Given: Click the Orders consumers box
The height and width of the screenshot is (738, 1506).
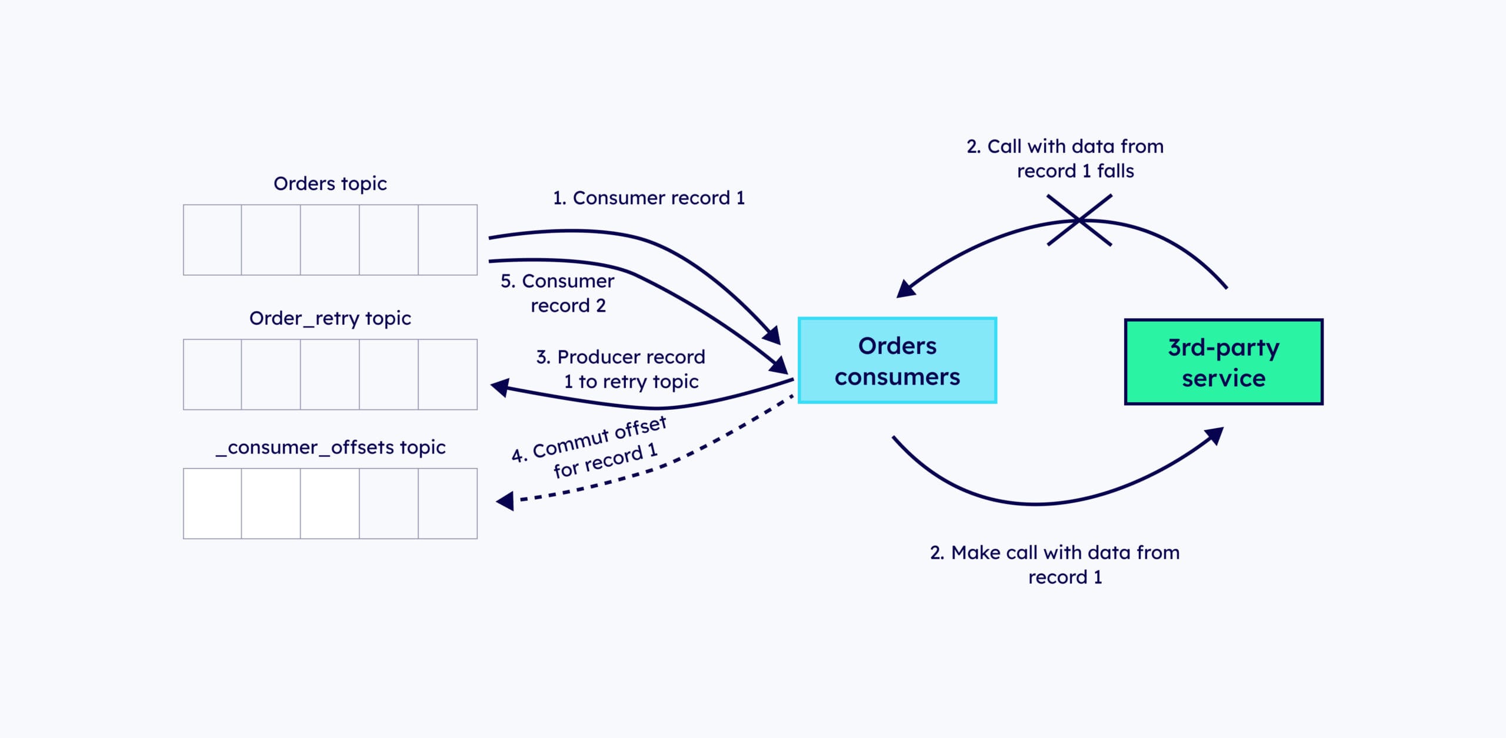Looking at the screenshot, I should (x=897, y=360).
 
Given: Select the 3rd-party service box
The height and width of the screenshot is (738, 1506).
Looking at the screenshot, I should (x=1224, y=362).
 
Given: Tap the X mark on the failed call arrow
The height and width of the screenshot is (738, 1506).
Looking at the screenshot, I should (x=1079, y=220).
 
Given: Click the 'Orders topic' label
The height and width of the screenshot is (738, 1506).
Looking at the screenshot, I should (x=330, y=183).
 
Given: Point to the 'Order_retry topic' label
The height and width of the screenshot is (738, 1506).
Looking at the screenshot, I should (x=330, y=318).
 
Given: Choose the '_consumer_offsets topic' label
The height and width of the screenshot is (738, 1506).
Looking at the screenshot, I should (x=330, y=448).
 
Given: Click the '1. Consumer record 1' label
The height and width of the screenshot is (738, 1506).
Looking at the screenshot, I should (x=649, y=198).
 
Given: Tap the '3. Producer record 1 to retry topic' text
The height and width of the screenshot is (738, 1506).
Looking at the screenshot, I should (x=621, y=369).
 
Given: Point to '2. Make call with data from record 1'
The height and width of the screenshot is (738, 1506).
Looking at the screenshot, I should (x=1055, y=565).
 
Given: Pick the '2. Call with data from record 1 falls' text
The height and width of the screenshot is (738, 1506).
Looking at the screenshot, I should (x=1065, y=158).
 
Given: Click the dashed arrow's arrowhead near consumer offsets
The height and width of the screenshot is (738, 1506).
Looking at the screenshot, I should (x=506, y=501).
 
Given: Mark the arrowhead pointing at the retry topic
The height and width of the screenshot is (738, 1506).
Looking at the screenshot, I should (x=501, y=388).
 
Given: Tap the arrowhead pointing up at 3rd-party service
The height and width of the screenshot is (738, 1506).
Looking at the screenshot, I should (x=1214, y=436).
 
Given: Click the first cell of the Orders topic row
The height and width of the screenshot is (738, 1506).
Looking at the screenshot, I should (x=212, y=240).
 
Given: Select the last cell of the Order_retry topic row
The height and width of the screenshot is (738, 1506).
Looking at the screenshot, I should (x=448, y=375).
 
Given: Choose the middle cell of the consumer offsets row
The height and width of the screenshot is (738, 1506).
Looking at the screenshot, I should (x=330, y=503).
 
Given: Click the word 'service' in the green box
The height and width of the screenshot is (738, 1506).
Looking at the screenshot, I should (x=1224, y=378).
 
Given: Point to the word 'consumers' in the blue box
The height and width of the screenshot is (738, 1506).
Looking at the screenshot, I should (x=897, y=377).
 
